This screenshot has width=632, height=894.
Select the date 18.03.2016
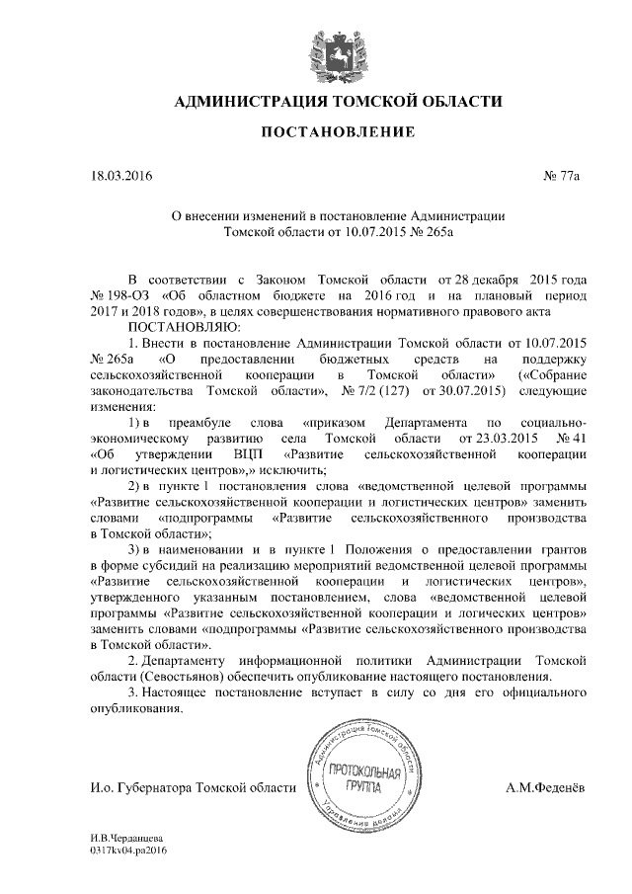pos(120,176)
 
